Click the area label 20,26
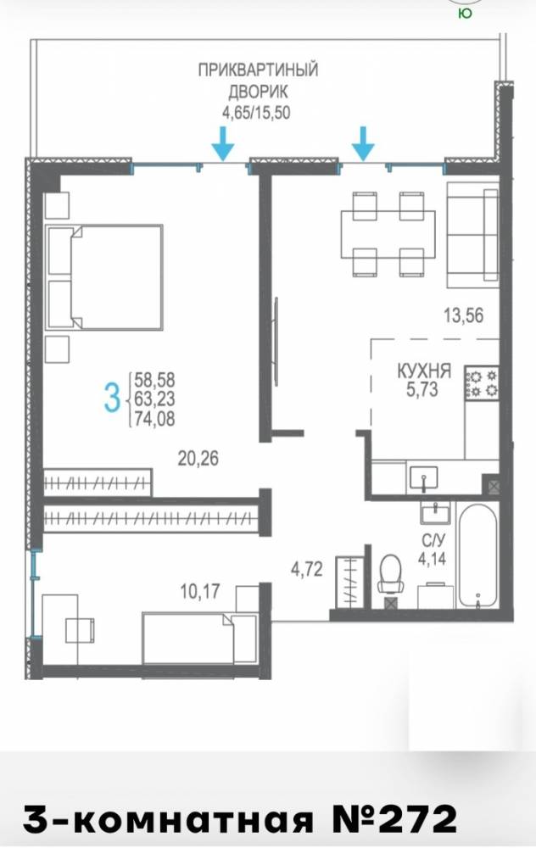tap(198, 459)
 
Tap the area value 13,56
tap(463, 315)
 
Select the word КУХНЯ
tap(424, 371)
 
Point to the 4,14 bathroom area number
tap(432, 558)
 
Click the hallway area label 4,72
tap(307, 569)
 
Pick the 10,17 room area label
tap(200, 591)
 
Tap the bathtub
tap(477, 556)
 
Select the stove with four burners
tap(482, 383)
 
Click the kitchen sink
tap(423, 478)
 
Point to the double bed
tap(104, 277)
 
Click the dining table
tap(388, 235)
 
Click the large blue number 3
tap(112, 399)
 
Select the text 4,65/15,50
tap(256, 113)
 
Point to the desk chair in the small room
tap(80, 630)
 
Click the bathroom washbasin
tap(435, 512)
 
